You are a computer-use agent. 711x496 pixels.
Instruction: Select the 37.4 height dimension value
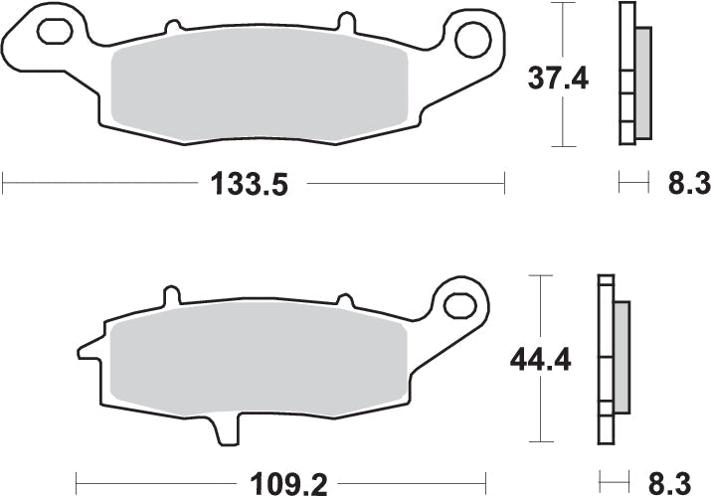557,77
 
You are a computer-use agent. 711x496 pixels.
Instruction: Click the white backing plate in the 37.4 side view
625,76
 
